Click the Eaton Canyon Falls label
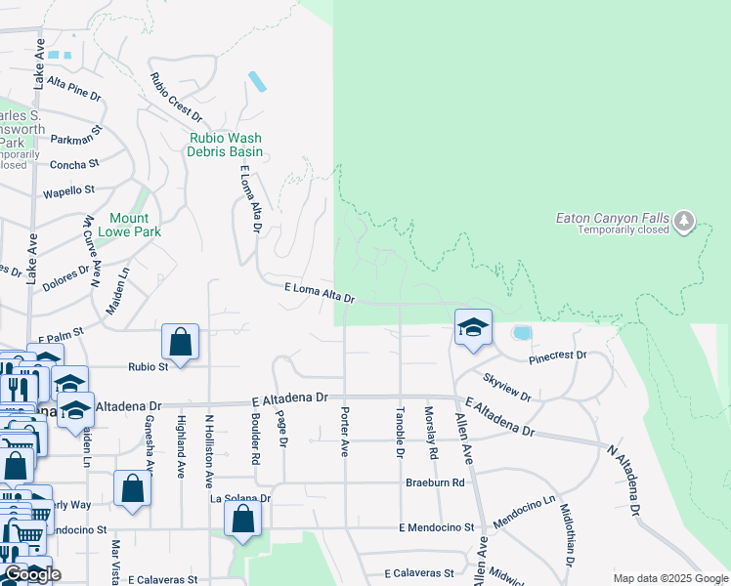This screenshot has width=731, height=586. point(610,218)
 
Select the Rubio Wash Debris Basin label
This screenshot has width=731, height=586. point(226,145)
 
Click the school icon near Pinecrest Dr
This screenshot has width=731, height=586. point(473,328)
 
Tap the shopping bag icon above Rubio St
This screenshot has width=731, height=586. point(181,341)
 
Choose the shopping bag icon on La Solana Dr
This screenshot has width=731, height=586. point(243,520)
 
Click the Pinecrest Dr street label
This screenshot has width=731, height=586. point(557,357)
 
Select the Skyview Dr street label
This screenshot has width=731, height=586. point(506,387)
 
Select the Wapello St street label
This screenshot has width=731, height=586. point(69,190)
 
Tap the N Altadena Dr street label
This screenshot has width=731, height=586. point(624,480)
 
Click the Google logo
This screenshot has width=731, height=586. point(31,574)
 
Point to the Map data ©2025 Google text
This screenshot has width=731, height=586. point(671,578)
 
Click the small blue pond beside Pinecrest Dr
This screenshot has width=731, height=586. point(522,333)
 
